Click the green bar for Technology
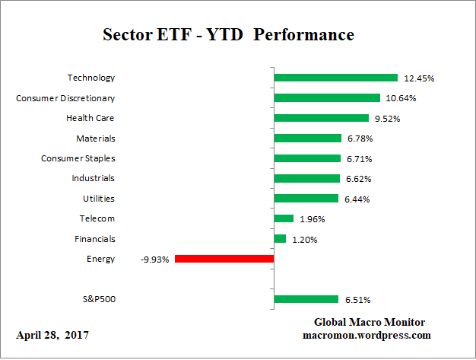pos(335,78)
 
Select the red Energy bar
pos(224,259)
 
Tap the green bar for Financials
pos(280,239)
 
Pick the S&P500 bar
pos(306,299)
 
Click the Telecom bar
pos(284,218)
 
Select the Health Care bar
pos(321,118)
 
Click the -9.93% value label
pos(154,260)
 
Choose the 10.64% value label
pos(400,97)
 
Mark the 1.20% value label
pos(304,239)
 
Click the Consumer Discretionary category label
pos(65,97)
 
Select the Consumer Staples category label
pos(78,158)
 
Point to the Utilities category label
pos(98,198)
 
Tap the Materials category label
pos(96,138)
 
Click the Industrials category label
pos(94,178)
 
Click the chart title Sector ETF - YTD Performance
pos(228,35)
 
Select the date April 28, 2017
pos(52,335)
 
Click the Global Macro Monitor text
pos(369,322)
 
